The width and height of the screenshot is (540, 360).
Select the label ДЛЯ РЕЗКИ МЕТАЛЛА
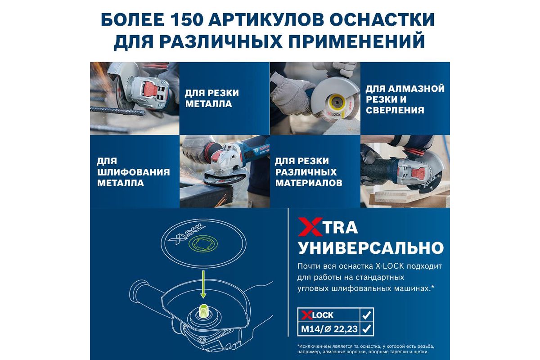212,99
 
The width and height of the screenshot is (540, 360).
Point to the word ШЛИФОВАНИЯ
134,172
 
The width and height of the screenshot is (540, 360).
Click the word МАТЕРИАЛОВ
309,183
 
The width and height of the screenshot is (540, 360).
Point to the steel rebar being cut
117,112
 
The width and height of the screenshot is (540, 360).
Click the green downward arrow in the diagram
203,284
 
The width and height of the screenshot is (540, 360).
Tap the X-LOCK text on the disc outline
187,234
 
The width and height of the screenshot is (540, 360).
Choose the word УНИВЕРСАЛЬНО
371,247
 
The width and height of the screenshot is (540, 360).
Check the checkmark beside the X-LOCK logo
366,315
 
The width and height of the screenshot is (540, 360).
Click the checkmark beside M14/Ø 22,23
366,328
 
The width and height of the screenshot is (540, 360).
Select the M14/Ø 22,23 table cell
329,328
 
